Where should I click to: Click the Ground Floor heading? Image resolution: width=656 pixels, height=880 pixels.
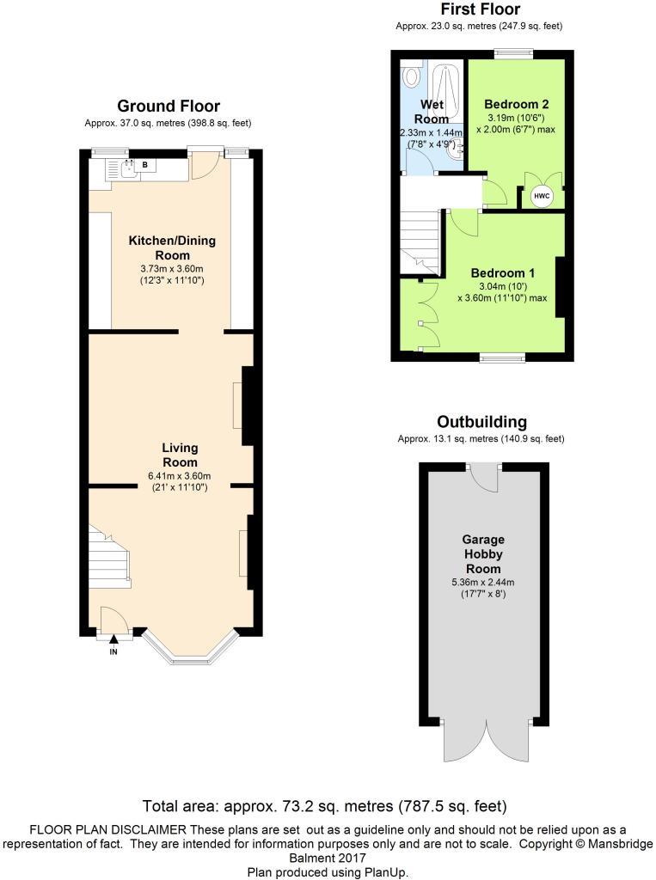pos(169,107)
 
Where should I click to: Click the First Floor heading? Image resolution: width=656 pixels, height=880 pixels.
pos(480,9)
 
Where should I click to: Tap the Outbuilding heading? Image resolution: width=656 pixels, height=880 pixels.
pos(481,422)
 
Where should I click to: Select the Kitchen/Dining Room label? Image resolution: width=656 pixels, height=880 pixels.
pos(172,247)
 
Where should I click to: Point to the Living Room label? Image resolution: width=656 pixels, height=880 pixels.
pos(181,455)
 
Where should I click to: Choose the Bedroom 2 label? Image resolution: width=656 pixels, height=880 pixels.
pos(517,104)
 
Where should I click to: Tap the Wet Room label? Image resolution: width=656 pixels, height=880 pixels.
pos(432,112)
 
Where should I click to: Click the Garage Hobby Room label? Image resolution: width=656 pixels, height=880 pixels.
pos(482,554)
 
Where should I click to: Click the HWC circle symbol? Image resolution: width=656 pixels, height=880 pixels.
pos(542,196)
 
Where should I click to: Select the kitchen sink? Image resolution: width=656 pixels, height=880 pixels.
pos(129,168)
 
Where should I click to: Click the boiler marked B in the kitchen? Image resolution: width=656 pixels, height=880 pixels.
pos(144,164)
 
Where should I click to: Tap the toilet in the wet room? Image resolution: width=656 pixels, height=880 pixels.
pos(412,78)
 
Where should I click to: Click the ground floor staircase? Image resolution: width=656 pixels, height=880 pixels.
pos(108,559)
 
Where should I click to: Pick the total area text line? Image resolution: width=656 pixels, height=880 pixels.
pos(323,806)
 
